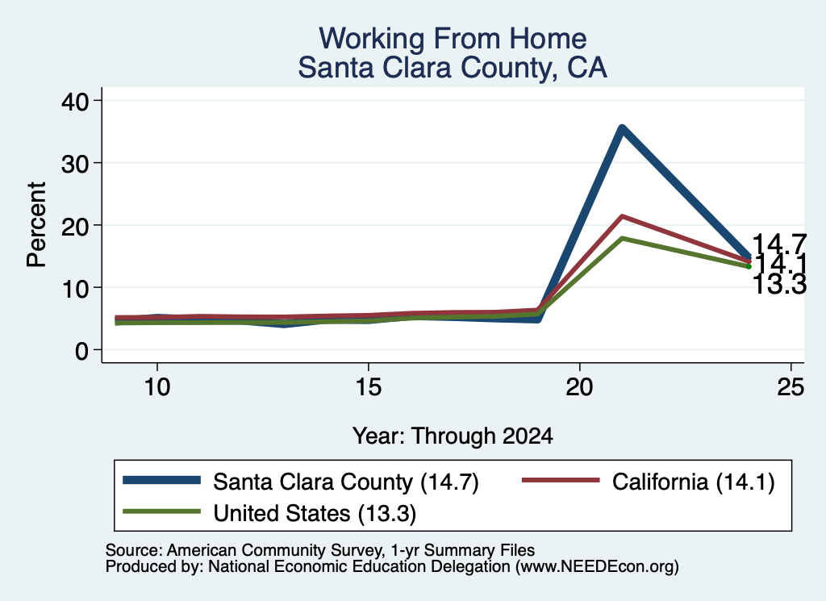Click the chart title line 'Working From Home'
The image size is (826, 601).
(453, 39)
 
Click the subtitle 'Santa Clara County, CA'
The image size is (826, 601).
(453, 68)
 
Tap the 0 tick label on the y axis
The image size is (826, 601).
(82, 350)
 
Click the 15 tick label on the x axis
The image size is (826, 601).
(368, 387)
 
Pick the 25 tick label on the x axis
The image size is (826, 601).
(791, 387)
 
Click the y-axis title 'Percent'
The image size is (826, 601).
(36, 225)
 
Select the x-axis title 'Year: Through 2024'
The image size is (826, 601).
(453, 436)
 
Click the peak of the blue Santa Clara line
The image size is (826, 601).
(622, 128)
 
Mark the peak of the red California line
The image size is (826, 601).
(622, 216)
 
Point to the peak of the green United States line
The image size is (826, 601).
(622, 238)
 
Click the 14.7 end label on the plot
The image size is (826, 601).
(779, 244)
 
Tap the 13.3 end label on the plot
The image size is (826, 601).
(779, 285)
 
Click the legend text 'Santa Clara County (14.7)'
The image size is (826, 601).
(345, 482)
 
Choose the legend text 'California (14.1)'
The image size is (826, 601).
(693, 482)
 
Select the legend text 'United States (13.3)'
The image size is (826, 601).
(315, 513)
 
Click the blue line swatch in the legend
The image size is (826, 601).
(161, 480)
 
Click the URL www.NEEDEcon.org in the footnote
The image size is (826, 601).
(597, 567)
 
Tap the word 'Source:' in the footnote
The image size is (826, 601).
(134, 550)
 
